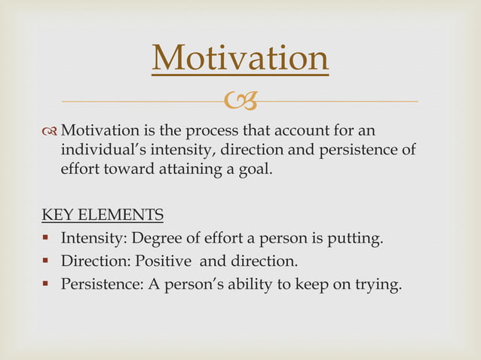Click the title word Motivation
[240, 59]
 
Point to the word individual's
[98, 150]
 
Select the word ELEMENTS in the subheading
[119, 216]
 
